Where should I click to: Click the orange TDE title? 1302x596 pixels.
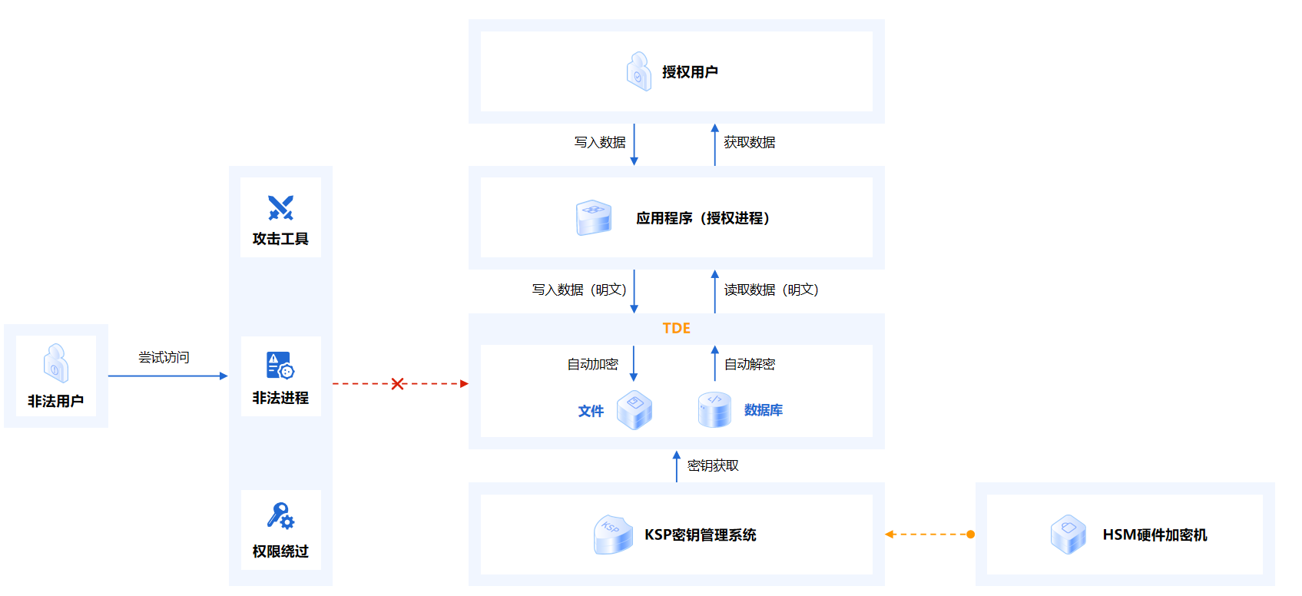(x=676, y=328)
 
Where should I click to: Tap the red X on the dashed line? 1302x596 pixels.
(x=398, y=384)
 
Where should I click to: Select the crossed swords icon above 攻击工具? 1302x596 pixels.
(x=280, y=208)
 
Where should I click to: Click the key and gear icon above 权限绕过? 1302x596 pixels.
(x=280, y=516)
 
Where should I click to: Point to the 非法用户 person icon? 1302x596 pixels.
(x=56, y=363)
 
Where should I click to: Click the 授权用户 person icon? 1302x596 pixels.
(x=639, y=71)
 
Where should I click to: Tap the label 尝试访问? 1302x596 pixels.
(x=164, y=357)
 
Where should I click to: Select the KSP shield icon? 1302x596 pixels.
(x=613, y=535)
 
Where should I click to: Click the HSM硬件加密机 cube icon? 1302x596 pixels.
(x=1068, y=534)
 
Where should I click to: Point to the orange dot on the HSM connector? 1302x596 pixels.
(x=971, y=535)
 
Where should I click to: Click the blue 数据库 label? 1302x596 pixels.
(x=764, y=410)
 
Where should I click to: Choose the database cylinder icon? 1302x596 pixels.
(x=714, y=409)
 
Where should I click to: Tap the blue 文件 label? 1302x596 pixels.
(x=591, y=411)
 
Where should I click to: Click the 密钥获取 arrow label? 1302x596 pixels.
(x=713, y=465)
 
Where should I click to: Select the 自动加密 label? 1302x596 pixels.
(x=593, y=364)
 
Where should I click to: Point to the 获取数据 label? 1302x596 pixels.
(x=749, y=142)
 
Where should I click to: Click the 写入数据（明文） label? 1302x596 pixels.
(x=579, y=290)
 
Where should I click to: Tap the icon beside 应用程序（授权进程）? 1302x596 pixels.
(x=594, y=218)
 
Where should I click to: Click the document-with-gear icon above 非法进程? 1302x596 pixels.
(x=280, y=366)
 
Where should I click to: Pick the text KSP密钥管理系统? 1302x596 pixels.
(x=701, y=535)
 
